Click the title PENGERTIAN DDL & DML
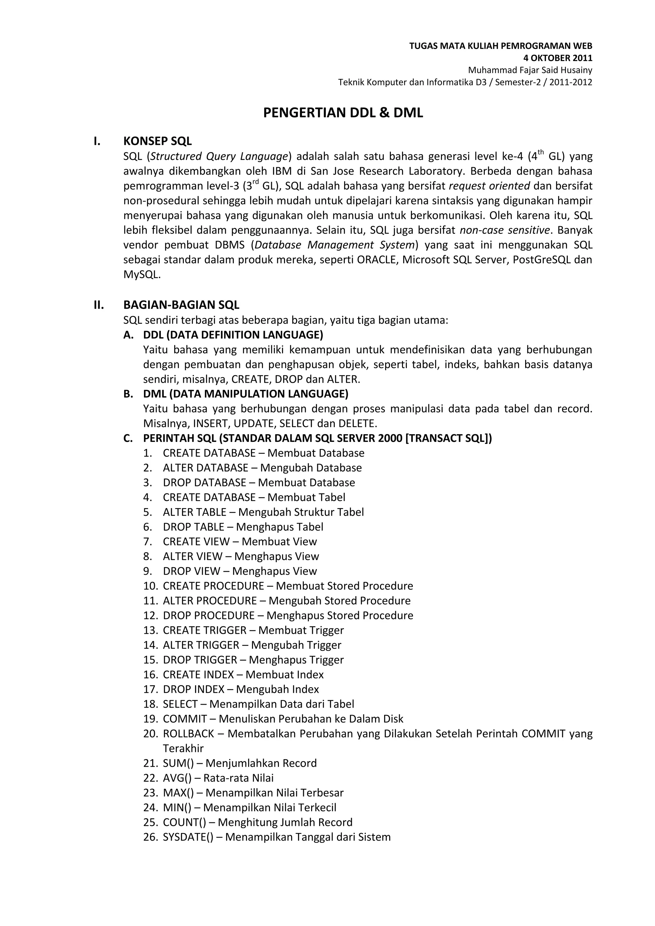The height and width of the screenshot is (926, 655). tap(343, 113)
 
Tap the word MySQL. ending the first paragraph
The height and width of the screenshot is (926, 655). tap(142, 275)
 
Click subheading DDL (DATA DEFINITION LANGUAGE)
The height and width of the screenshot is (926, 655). tap(233, 335)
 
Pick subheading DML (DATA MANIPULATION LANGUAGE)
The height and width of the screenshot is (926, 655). tap(246, 394)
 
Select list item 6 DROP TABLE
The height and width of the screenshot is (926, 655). tap(243, 527)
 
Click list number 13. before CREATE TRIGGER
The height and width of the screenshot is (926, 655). tap(151, 630)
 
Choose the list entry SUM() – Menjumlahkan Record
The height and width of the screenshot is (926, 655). tap(240, 763)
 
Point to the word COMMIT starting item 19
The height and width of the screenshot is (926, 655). tap(185, 719)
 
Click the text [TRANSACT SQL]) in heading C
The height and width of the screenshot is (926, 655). tap(448, 438)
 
